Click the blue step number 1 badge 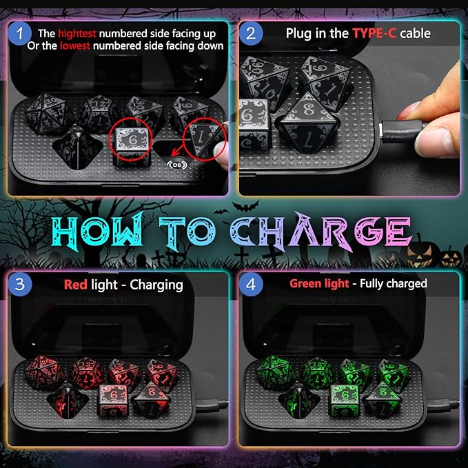pos(21,33)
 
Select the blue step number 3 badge pos(21,283)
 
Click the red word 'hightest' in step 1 pos(77,33)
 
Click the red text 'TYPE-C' pos(372,33)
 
